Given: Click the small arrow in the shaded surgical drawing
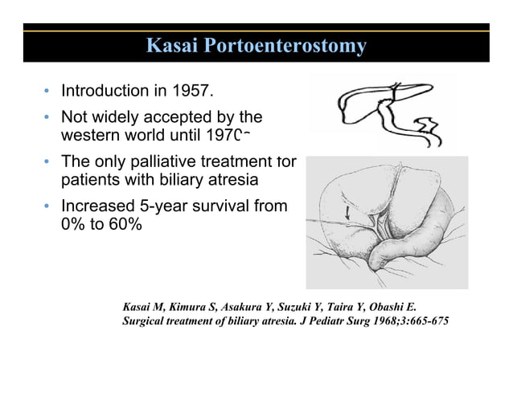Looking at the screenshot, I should pyautogui.click(x=347, y=214).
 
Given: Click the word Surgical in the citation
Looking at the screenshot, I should pyautogui.click(x=144, y=323).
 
